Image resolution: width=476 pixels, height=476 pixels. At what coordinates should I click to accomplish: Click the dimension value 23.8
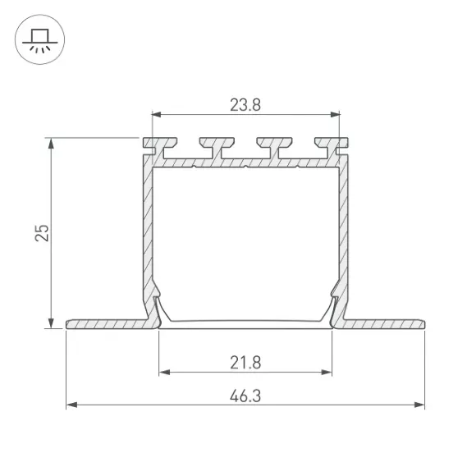click(245, 105)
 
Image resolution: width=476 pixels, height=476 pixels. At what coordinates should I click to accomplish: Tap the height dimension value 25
click(42, 233)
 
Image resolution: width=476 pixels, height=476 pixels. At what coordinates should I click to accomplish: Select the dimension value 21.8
click(245, 363)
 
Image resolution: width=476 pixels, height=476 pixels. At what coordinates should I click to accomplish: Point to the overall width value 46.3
click(245, 396)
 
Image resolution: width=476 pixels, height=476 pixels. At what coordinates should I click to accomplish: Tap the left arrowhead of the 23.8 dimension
click(156, 114)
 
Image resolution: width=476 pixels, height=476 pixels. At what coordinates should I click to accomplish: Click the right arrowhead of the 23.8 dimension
click(335, 114)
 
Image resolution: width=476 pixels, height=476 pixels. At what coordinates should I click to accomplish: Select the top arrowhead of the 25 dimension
click(51, 143)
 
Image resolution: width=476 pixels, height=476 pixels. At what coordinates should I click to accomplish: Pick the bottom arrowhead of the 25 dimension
click(51, 323)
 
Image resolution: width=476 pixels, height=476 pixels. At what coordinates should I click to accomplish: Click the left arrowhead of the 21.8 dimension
click(164, 372)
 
